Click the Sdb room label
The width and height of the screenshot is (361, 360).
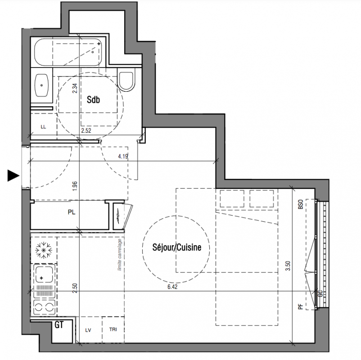[93, 99]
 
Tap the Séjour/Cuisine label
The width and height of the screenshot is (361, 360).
[177, 247]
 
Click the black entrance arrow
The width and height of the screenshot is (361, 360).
[14, 175]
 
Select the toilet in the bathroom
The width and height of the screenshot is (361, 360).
[126, 81]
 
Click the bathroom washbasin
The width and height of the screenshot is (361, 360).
[42, 85]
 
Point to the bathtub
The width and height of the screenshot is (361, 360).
[68, 52]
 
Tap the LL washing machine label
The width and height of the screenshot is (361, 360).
[43, 127]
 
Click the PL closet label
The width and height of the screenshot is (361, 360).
[72, 212]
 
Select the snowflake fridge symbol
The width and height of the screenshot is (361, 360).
[44, 250]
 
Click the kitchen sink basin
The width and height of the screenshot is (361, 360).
[44, 275]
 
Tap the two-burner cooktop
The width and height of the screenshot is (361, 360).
[45, 307]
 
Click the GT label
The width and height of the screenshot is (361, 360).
[59, 325]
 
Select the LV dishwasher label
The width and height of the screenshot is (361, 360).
[88, 330]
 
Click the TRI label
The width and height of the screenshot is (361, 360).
[113, 329]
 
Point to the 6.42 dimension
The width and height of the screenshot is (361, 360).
[172, 287]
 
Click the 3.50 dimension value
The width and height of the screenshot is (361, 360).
[288, 265]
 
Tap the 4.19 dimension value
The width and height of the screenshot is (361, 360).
[123, 157]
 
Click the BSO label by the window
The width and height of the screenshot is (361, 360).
[300, 204]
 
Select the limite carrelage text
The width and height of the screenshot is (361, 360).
[119, 255]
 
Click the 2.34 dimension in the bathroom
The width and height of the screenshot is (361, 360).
[75, 88]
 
